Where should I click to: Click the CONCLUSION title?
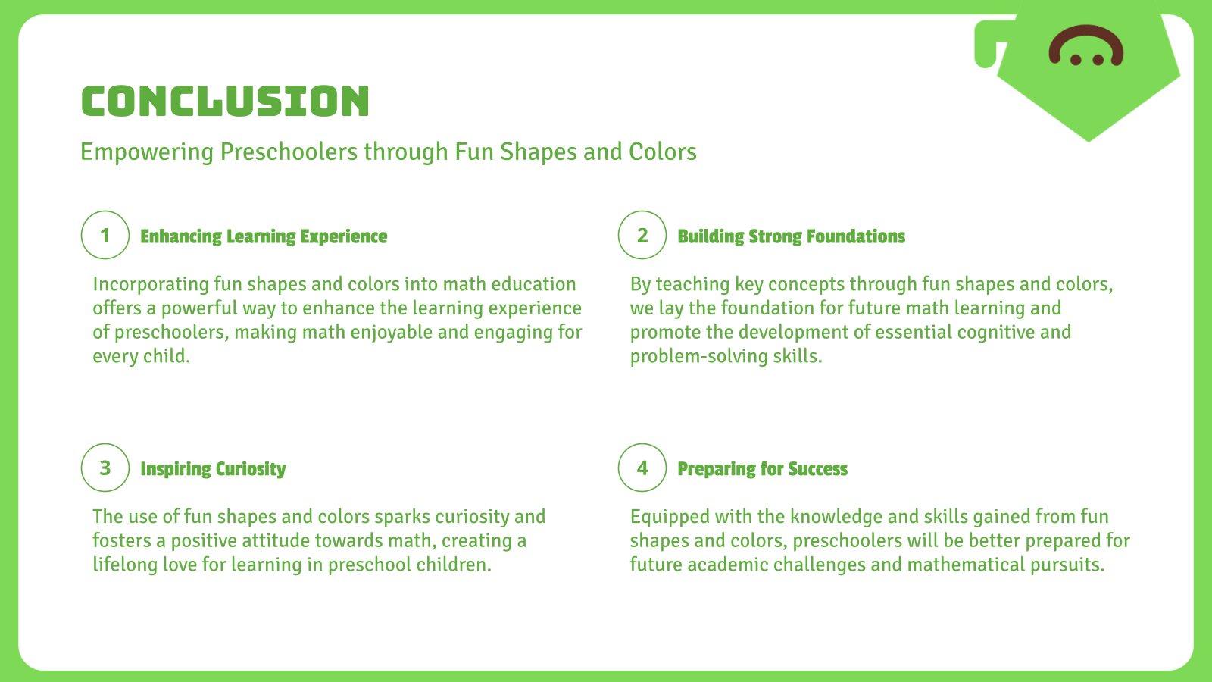click(225, 102)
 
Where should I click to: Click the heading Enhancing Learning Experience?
click(264, 237)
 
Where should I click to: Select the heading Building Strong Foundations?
click(792, 237)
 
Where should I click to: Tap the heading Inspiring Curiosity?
click(213, 469)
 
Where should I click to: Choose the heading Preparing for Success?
click(763, 469)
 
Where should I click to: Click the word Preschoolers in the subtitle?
click(289, 152)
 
